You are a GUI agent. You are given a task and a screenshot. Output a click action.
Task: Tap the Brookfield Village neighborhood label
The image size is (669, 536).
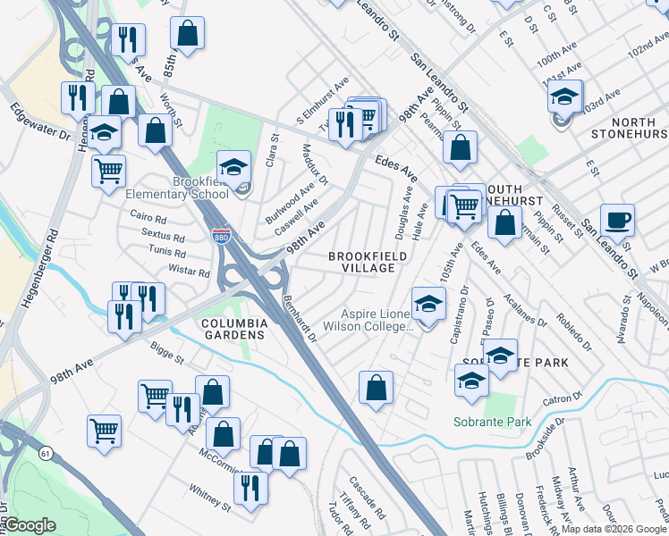(368, 262)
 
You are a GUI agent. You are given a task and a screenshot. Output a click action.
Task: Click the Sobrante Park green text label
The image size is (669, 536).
(492, 422)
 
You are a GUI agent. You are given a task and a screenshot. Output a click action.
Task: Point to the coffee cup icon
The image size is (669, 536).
(617, 220)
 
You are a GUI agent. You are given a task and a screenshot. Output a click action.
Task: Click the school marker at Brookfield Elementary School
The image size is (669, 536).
(233, 167)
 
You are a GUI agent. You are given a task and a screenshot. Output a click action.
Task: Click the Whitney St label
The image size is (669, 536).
(210, 498)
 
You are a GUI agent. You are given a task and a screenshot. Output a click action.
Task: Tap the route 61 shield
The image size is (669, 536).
(46, 454)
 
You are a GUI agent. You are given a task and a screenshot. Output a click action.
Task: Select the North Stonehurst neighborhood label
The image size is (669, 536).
(630, 127)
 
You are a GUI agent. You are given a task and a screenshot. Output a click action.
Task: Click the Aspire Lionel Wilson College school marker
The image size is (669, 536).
(428, 305)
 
